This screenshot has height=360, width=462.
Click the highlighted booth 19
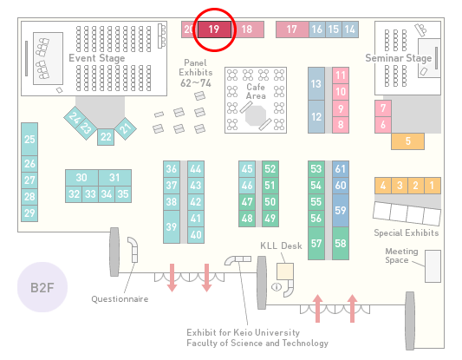[x=214, y=29]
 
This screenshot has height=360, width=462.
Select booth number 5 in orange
[x=407, y=141]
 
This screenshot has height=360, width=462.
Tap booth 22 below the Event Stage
[x=106, y=137]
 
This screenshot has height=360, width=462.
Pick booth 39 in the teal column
[x=172, y=226]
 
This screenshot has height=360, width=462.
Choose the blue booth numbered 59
[x=341, y=210]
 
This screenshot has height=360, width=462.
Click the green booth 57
[x=316, y=243]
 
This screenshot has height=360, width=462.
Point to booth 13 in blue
[x=316, y=84]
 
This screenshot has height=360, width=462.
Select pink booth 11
[x=341, y=75]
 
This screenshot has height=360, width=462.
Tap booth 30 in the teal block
[x=81, y=178]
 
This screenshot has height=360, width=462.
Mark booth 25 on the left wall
[x=29, y=139]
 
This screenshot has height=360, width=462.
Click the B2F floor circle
[x=42, y=287]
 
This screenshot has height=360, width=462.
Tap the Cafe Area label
[x=256, y=91]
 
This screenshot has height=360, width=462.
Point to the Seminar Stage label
[x=399, y=58]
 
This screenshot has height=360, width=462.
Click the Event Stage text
[x=97, y=58]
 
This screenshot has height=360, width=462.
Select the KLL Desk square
[x=285, y=272]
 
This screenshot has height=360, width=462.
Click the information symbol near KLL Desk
[x=277, y=286]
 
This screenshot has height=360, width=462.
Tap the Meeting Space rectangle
[x=433, y=266]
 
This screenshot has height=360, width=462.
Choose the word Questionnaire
[x=120, y=299]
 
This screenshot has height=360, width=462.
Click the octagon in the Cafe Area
[x=256, y=116]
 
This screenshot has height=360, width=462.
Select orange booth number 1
[x=433, y=186]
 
